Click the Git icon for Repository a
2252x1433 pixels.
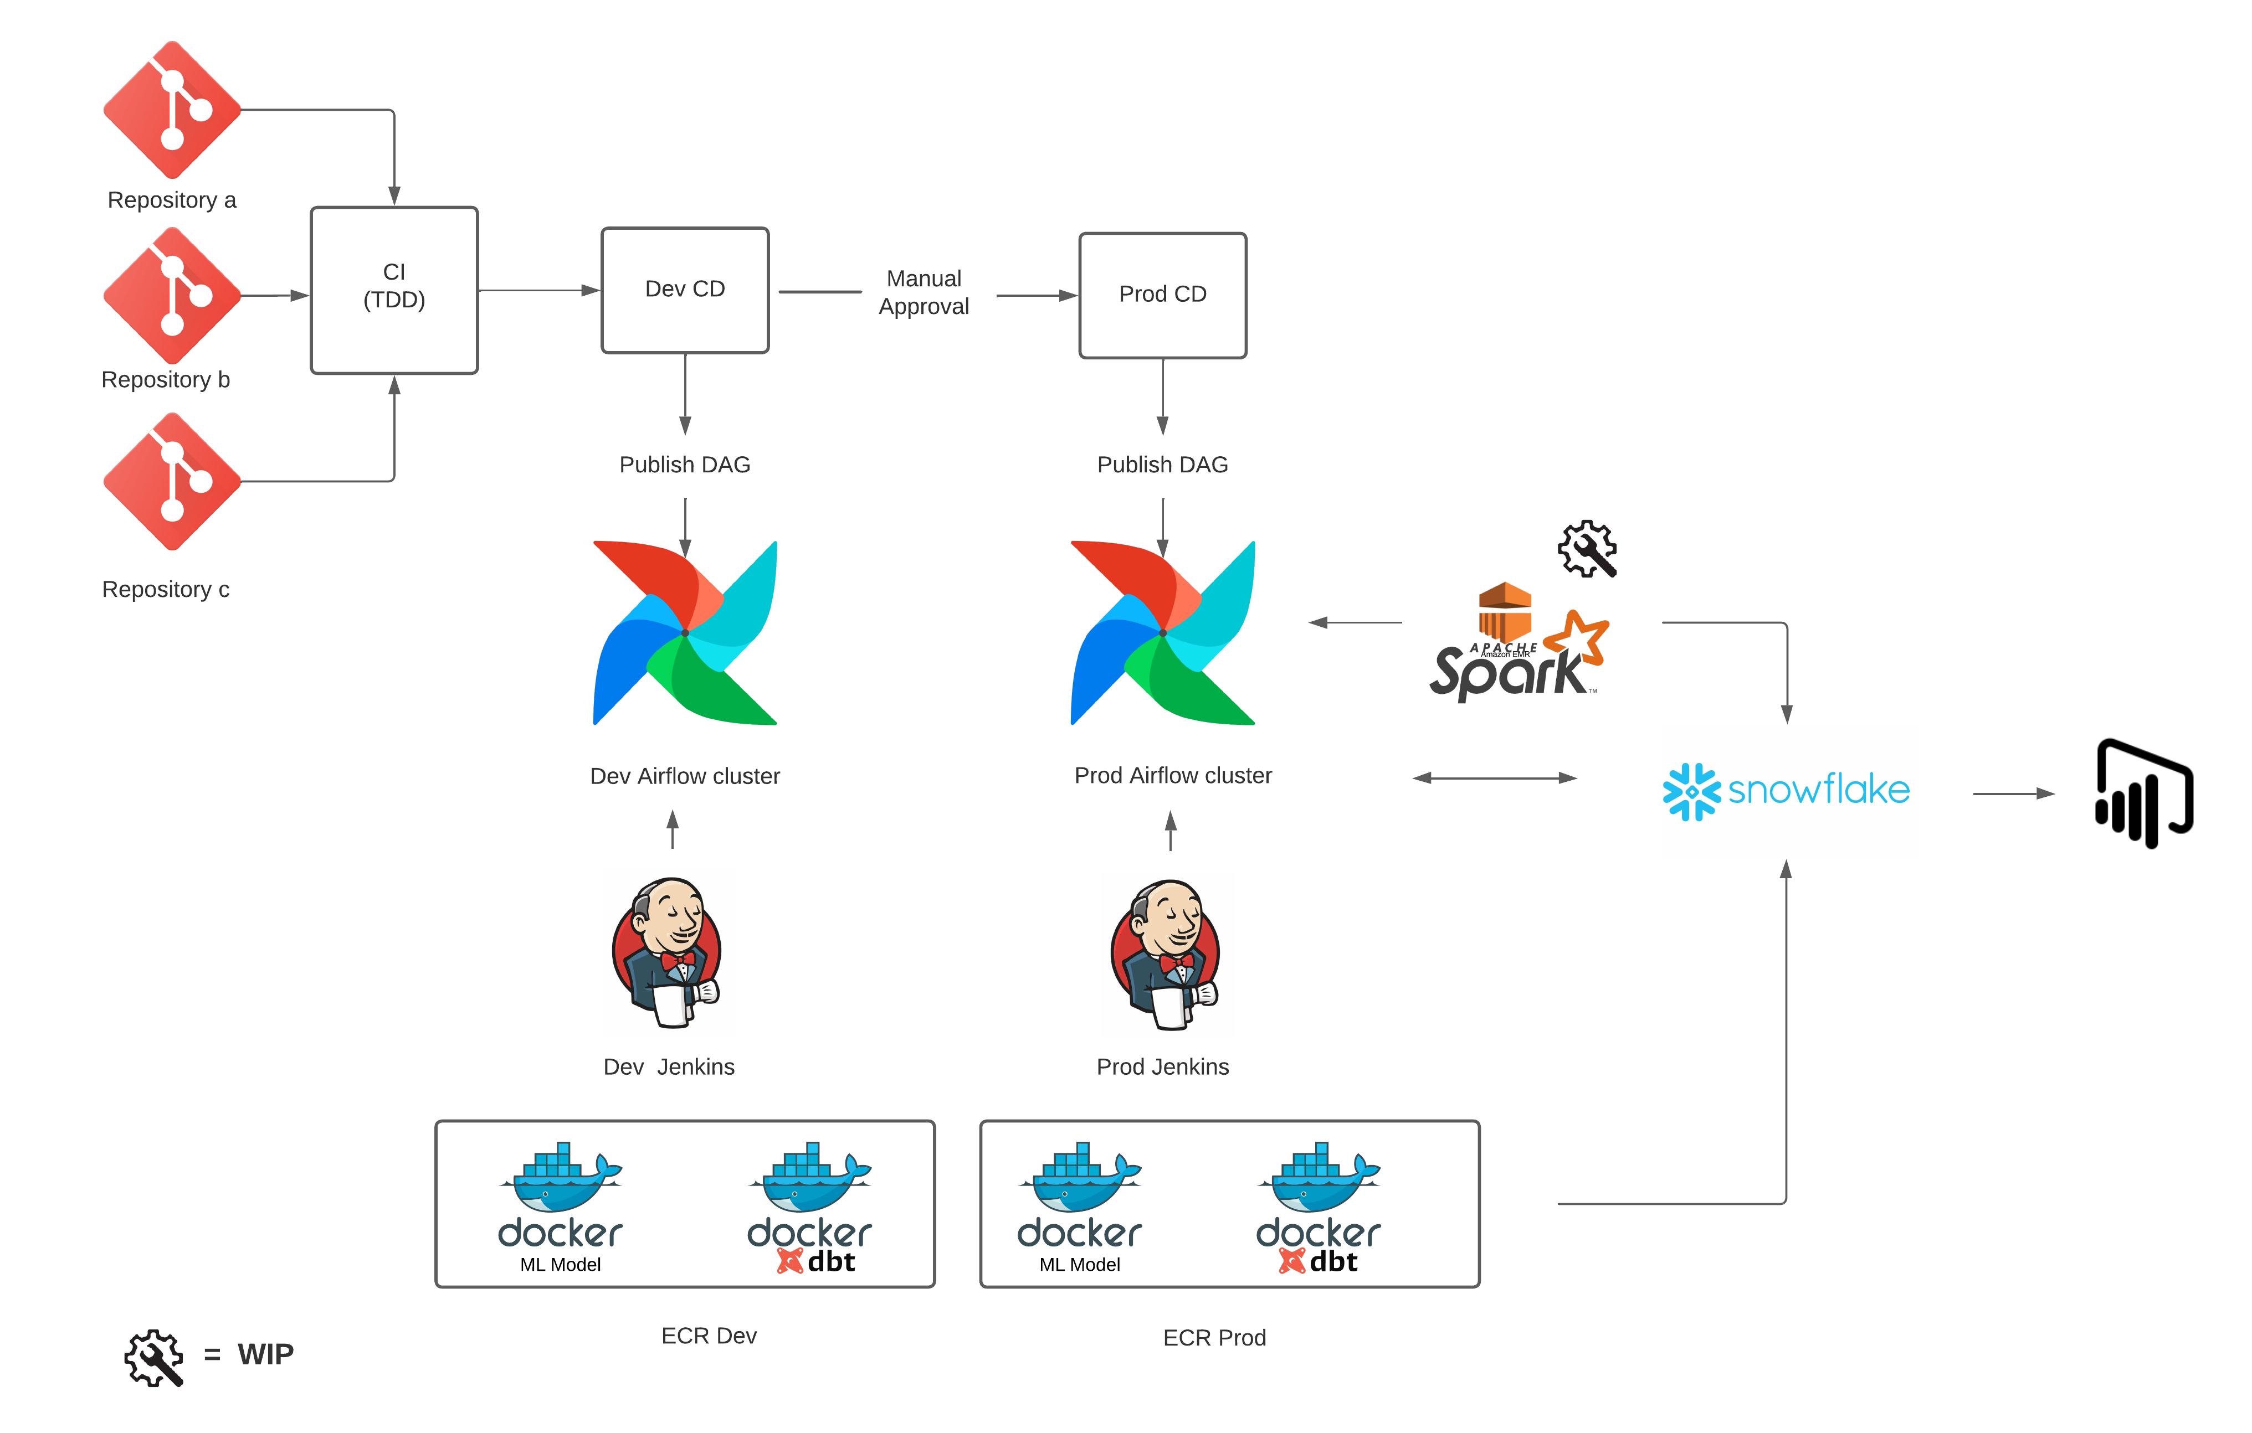tap(172, 110)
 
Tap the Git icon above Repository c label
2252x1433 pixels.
tap(172, 481)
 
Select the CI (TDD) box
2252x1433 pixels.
tap(394, 290)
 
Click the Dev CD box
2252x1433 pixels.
tap(685, 290)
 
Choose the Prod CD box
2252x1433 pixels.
tap(1162, 295)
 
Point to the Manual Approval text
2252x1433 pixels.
tap(923, 292)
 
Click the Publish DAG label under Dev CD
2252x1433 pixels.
tap(685, 465)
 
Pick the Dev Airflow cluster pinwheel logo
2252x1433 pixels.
tap(685, 633)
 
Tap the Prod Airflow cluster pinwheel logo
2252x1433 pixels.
tap(1162, 633)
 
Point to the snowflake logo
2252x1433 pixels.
tap(1786, 791)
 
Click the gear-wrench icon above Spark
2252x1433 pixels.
tap(1587, 549)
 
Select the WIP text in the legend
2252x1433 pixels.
tap(265, 1354)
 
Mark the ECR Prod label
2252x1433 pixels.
tap(1214, 1338)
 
